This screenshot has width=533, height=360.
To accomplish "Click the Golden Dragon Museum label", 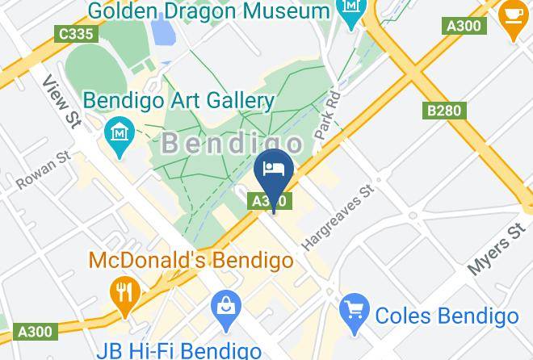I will point(208,11).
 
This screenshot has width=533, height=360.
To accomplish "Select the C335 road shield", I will point(74,34).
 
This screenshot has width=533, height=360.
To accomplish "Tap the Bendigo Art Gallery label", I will point(179,101).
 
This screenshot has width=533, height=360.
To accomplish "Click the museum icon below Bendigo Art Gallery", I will point(119,131).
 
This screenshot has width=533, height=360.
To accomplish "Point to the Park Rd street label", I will point(331,116).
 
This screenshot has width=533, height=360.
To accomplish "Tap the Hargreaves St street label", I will point(340,217).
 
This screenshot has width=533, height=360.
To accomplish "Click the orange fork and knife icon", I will point(124,291).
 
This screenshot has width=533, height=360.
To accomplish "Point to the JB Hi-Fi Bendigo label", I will point(178,350).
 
